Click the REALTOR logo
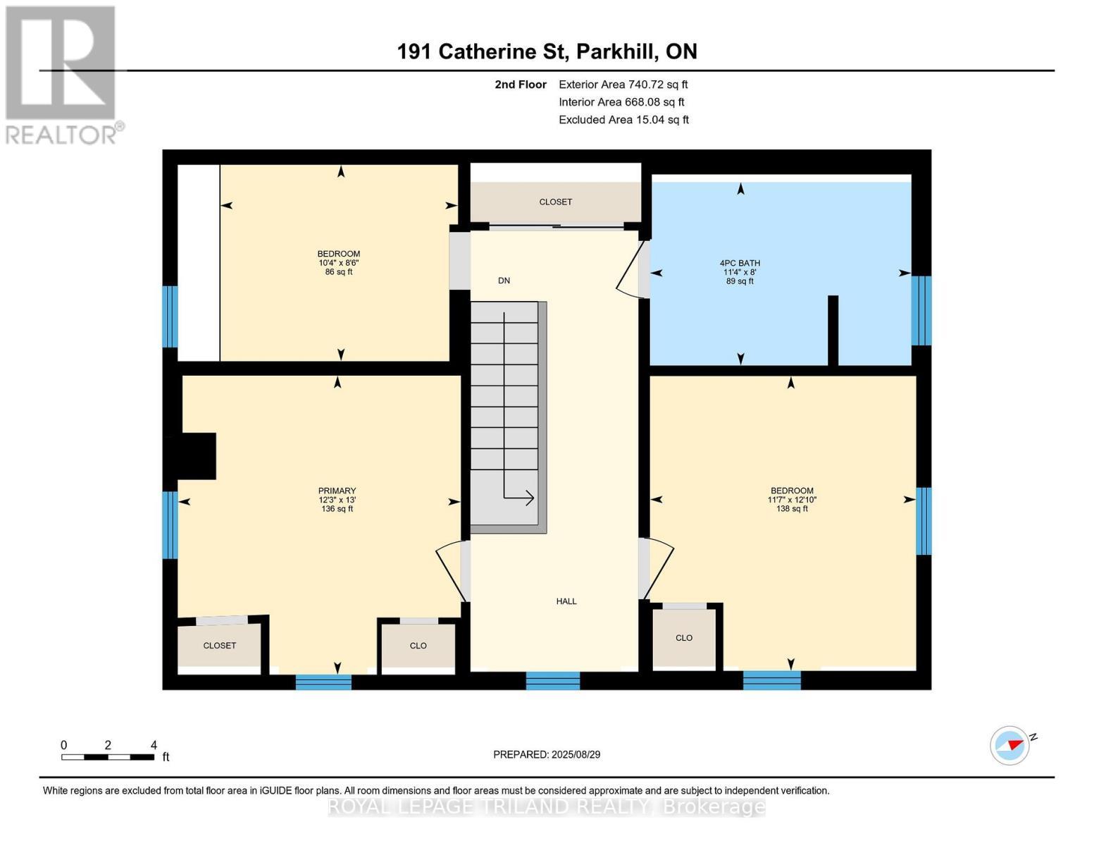tap(62, 75)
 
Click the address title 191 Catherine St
tap(547, 51)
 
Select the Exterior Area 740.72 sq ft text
tap(623, 85)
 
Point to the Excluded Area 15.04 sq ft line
tap(623, 120)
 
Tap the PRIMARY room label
tap(337, 491)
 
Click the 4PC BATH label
tap(740, 263)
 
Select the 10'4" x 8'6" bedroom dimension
tap(339, 263)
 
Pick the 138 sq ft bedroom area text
tap(792, 509)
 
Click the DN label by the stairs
tap(504, 281)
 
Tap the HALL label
tap(566, 601)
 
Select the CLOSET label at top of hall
tap(555, 202)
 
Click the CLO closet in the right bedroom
tap(683, 637)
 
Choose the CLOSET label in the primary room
tap(219, 645)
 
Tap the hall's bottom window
tap(553, 680)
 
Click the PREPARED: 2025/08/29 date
tap(547, 754)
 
